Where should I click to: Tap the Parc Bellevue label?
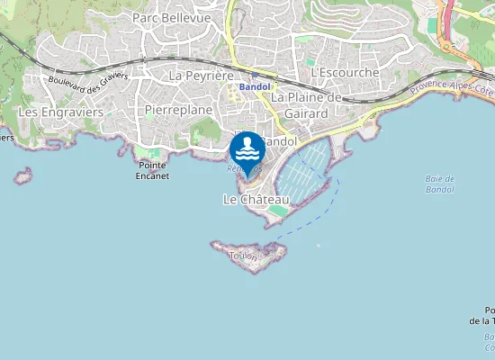pos(171,18)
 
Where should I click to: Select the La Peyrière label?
pos(202,76)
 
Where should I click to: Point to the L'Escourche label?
pos(344,71)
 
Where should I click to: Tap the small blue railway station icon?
pos(256,76)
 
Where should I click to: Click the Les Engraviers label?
pos(60,112)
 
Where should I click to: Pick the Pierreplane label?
pos(177,110)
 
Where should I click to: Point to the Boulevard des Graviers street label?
pos(87,78)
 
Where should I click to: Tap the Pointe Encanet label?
pos(153,171)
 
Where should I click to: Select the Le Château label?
pos(256,199)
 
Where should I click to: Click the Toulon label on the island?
pos(244,256)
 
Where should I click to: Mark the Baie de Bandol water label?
pos(439,184)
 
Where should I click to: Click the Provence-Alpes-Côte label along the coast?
pos(450,86)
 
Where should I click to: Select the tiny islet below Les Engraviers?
pos(22,175)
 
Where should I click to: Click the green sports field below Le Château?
pos(280,211)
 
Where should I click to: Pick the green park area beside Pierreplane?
pos(208,130)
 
